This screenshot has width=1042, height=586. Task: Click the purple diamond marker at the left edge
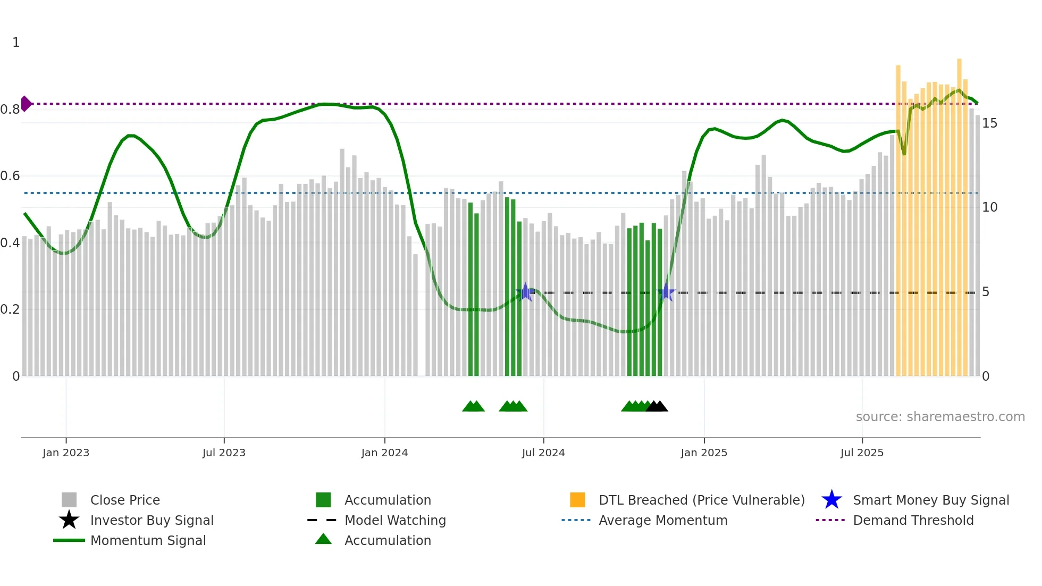[26, 104]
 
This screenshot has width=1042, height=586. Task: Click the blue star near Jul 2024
[525, 292]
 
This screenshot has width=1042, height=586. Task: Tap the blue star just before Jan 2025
[666, 292]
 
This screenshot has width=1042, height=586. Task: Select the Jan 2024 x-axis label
[384, 453]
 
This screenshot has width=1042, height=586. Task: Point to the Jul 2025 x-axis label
[862, 453]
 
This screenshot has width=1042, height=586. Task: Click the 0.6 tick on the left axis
[10, 176]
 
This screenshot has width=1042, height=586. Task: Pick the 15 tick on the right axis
[989, 123]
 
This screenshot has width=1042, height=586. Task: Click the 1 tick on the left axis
[16, 43]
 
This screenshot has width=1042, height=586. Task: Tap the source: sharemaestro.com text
[940, 417]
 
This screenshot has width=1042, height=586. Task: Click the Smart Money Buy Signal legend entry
[930, 500]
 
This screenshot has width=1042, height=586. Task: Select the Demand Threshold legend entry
[913, 520]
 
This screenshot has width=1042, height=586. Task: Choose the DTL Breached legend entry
[701, 500]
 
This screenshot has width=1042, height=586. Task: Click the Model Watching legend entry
[394, 520]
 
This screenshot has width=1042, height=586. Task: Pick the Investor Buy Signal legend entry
[152, 520]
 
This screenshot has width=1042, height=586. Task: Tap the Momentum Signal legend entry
[148, 540]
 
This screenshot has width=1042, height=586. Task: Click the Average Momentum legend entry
[662, 520]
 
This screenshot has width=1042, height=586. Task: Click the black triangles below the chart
[657, 406]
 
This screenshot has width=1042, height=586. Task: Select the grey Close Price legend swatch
[69, 500]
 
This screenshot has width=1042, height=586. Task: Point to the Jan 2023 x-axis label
[66, 453]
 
